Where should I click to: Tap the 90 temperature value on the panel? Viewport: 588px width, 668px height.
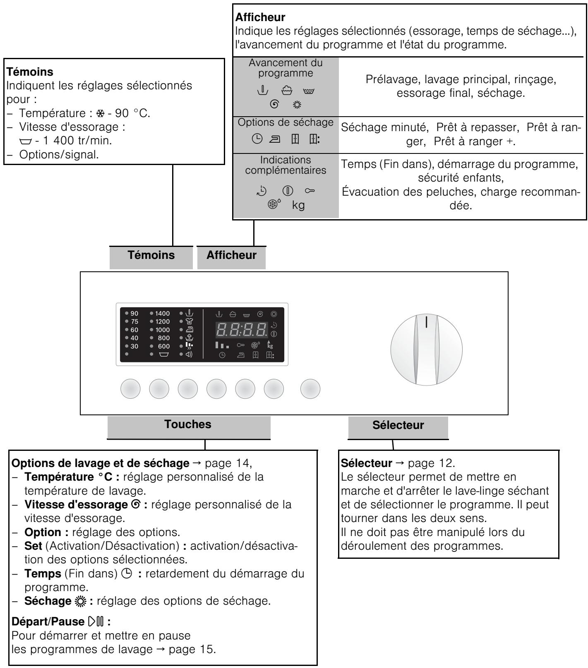pyautogui.click(x=134, y=314)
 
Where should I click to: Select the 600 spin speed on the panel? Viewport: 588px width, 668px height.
pyautogui.click(x=163, y=346)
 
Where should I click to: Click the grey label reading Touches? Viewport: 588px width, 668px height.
pyautogui.click(x=188, y=424)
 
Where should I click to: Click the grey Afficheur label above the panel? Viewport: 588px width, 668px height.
pyautogui.click(x=231, y=255)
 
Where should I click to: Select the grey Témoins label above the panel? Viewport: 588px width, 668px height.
pyautogui.click(x=152, y=255)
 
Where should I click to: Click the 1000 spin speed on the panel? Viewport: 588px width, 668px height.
pyautogui.click(x=162, y=330)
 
